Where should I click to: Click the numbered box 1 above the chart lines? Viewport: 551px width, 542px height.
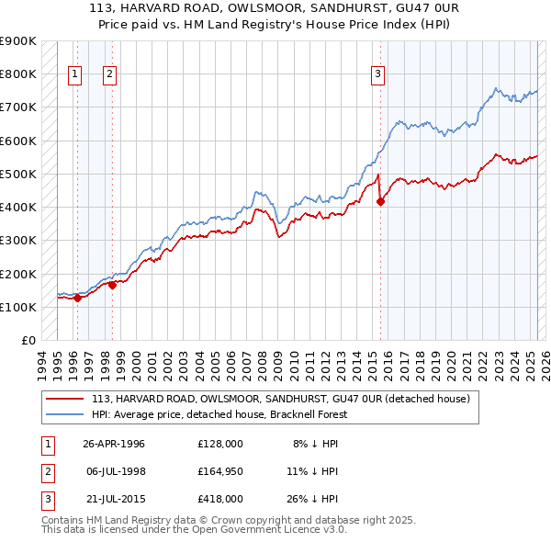[74, 75]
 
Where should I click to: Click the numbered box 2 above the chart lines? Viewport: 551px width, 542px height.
[109, 75]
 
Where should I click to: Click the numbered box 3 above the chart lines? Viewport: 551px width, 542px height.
[377, 75]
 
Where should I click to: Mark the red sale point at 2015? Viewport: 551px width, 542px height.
[381, 201]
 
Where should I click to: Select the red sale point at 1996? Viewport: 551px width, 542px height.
[77, 298]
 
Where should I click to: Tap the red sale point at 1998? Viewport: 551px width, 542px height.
[112, 285]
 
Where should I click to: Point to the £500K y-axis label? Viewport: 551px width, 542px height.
[18, 174]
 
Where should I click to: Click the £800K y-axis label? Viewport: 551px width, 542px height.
[18, 73]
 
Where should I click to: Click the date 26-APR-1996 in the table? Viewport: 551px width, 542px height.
[114, 444]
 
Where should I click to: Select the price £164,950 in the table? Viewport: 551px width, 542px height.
[220, 471]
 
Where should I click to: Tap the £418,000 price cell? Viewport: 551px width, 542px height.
[220, 499]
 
